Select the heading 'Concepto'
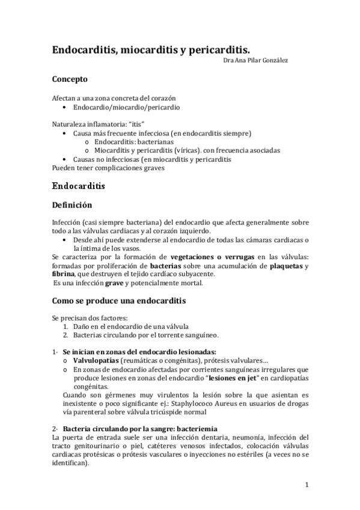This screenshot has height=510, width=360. pyautogui.click(x=70, y=79)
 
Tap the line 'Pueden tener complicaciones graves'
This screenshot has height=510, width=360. pyautogui.click(x=108, y=168)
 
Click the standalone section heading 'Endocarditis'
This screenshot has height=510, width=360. pyautogui.click(x=79, y=186)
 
